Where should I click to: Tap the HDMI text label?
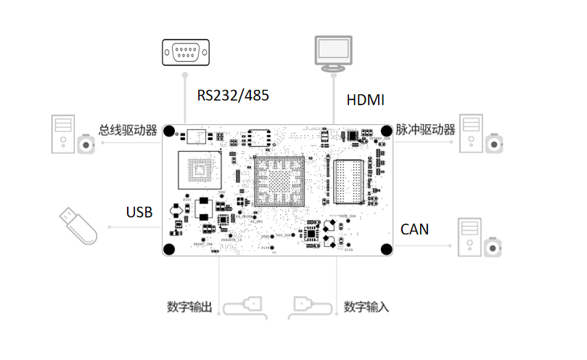coord(365,99)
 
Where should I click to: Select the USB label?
coord(139,212)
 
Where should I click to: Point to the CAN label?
coord(414,229)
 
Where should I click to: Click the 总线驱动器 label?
coord(128,131)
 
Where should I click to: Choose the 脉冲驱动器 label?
coord(425,130)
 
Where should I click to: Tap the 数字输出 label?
coord(189,307)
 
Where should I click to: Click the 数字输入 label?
coord(366,307)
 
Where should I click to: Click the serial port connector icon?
coord(185,53)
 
